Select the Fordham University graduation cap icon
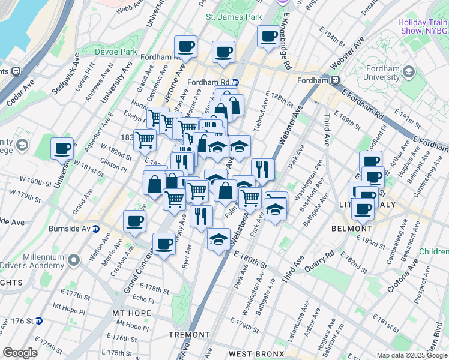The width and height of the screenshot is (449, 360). point(409,72)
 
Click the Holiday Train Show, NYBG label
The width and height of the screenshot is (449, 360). point(423,26)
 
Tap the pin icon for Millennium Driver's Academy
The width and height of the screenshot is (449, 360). point(74,260)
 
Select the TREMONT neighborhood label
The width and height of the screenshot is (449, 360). point(189,335)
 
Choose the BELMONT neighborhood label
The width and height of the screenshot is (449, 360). point(352,229)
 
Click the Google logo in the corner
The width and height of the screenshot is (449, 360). point(20,353)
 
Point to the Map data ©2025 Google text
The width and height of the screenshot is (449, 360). point(412,355)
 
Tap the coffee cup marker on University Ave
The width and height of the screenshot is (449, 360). point(62,148)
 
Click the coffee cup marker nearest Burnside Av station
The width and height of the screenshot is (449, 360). point(134,220)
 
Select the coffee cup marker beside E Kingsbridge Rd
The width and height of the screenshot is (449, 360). point(268,36)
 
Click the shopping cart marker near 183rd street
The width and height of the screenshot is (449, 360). point(145,140)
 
